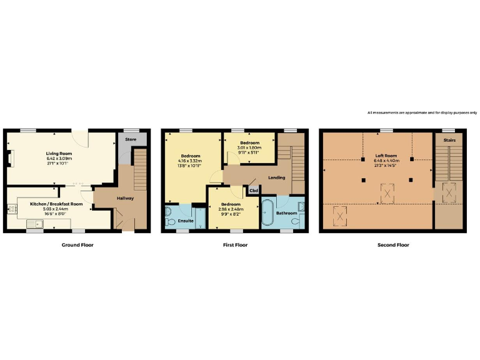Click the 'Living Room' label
click(x=59, y=152)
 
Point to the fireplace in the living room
click(x=9, y=159)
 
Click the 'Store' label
click(x=131, y=139)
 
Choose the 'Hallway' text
click(x=124, y=198)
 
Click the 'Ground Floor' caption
click(x=77, y=245)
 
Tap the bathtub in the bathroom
click(x=268, y=213)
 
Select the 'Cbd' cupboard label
click(x=254, y=191)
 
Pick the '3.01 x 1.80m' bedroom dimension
click(x=249, y=147)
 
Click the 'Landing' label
click(x=276, y=177)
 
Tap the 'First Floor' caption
click(x=235, y=245)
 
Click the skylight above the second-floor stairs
click(x=449, y=192)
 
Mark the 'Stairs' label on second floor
click(x=449, y=141)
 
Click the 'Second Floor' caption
click(x=393, y=245)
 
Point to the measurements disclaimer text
click(x=422, y=112)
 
